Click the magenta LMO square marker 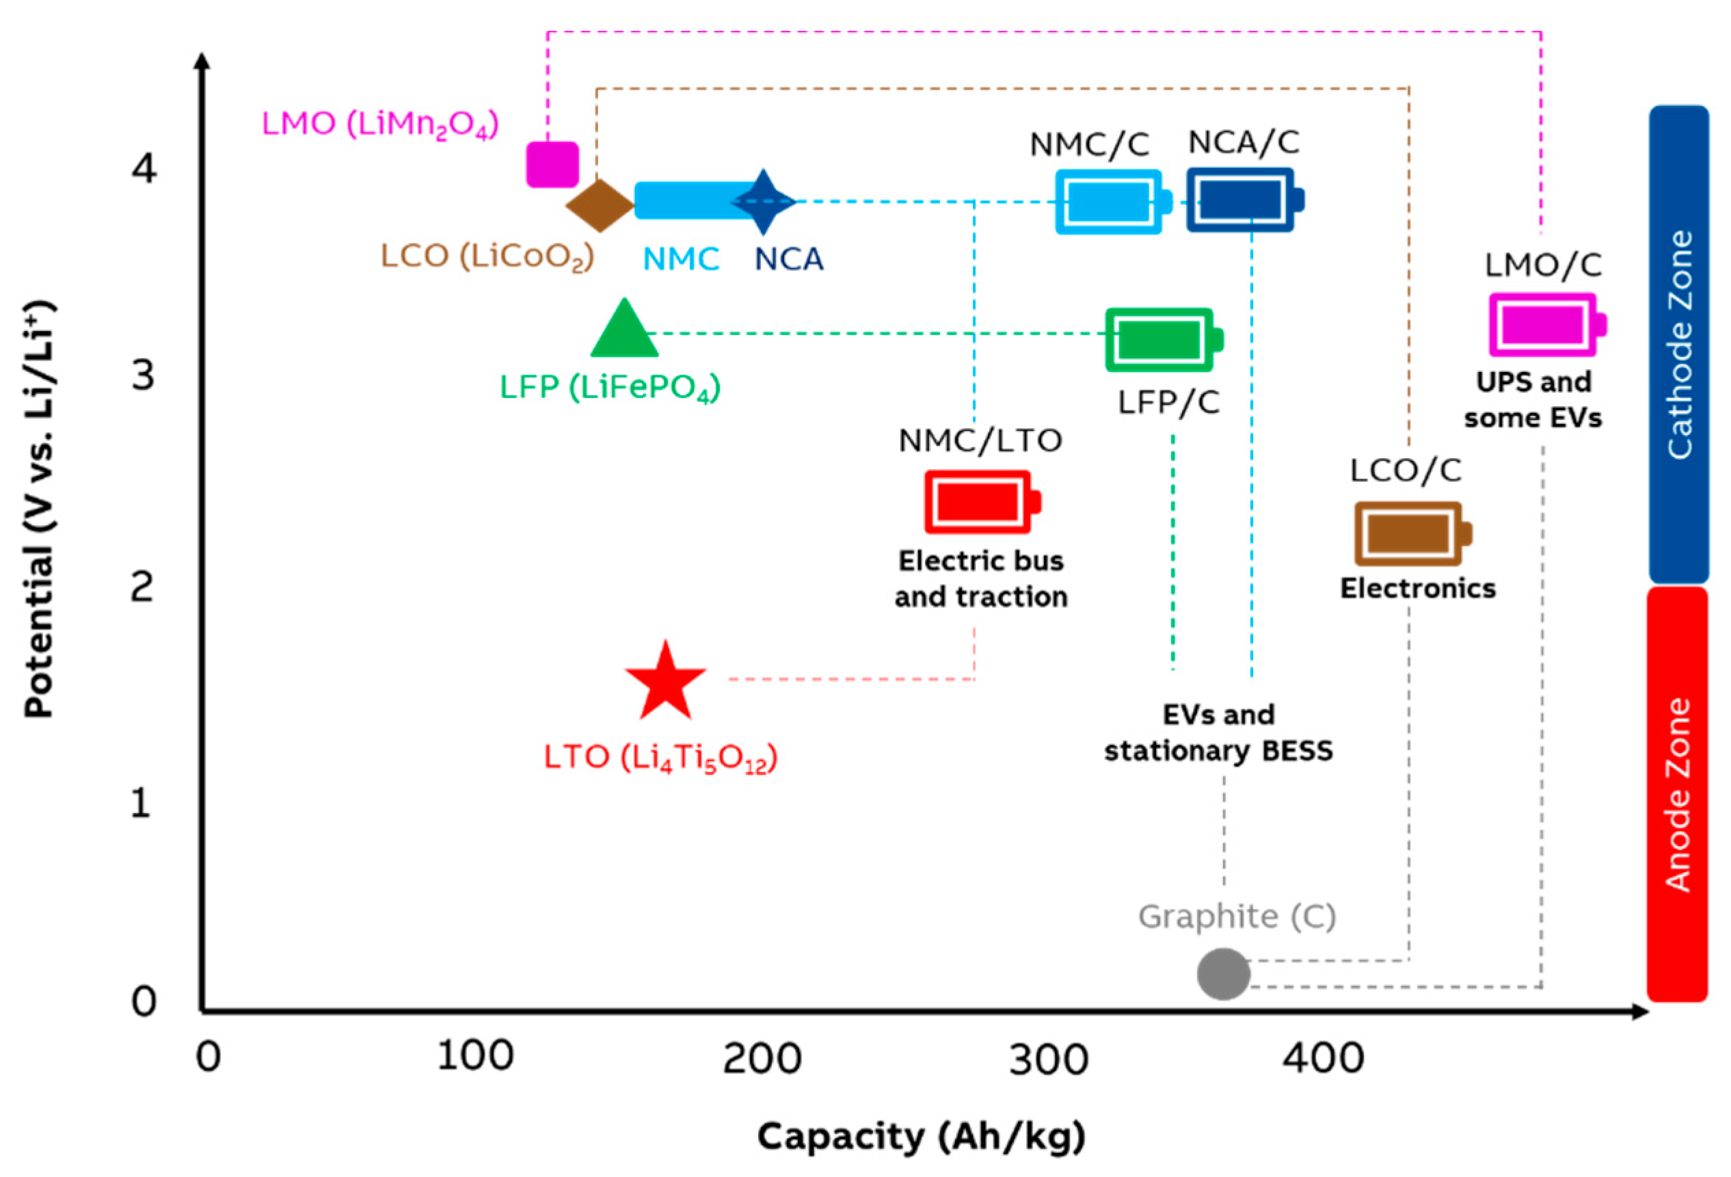coord(552,165)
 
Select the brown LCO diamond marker coord(600,206)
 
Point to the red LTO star coord(665,682)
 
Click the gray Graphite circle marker coord(1223,974)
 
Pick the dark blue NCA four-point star coord(764,202)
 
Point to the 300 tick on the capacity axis coord(1049,1059)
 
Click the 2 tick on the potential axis coord(142,587)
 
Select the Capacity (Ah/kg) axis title coord(922,1137)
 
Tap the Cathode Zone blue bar coord(1679,344)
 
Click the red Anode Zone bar coord(1678,794)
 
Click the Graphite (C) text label coord(1237,917)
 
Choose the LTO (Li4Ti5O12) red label coord(660,758)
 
